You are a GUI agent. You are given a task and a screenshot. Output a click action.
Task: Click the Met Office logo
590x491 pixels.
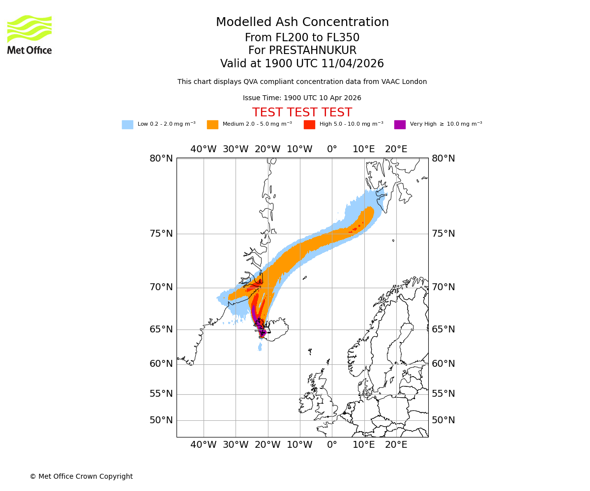29,34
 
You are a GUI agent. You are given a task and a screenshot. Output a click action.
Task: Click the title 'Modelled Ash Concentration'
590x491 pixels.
302,23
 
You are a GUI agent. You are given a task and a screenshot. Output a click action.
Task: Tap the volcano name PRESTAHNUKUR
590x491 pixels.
312,51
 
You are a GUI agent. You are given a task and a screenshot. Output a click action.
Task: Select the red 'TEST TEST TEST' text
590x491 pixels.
302,112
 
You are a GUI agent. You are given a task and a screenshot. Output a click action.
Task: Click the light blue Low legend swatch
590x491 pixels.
127,125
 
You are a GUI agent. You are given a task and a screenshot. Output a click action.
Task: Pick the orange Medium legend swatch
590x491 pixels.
212,125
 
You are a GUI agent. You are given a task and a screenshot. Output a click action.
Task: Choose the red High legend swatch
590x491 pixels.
309,125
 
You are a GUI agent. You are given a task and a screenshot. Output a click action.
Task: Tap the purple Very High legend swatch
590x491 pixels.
400,125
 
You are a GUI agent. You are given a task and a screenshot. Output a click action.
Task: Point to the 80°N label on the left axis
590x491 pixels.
161,159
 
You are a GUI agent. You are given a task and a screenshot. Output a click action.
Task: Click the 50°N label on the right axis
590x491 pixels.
443,420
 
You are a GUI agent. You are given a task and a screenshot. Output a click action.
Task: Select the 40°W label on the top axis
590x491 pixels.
204,149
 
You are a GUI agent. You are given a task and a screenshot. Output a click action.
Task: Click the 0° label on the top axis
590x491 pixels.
332,149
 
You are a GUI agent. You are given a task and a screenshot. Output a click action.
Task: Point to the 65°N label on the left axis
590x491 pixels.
161,329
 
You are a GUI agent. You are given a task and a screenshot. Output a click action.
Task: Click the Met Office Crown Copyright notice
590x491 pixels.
81,477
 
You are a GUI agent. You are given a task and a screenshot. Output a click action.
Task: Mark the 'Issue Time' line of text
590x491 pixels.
302,98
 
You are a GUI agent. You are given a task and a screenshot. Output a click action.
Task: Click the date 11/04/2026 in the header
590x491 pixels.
353,64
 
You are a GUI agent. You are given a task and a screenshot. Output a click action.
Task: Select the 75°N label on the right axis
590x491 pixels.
443,234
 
